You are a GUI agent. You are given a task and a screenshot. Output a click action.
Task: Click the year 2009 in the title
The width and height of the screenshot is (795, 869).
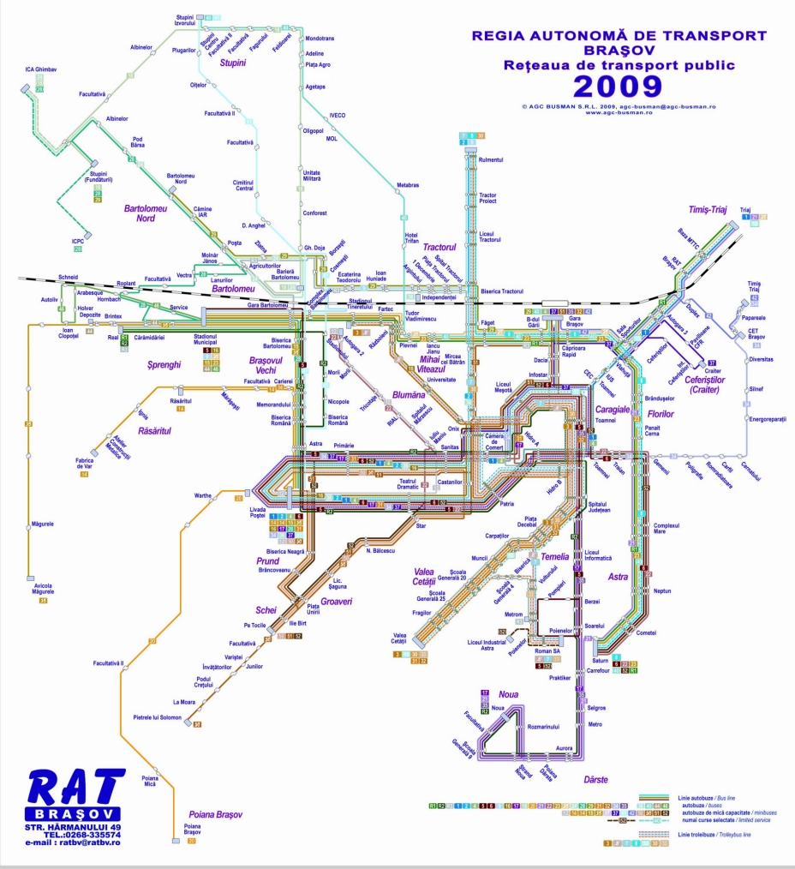[617, 86]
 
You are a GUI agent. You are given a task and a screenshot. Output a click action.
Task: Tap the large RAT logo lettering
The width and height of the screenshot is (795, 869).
[76, 789]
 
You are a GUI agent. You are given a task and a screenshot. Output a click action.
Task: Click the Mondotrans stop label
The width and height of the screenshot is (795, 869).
[320, 39]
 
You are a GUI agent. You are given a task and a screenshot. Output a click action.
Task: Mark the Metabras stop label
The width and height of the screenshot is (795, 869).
[408, 185]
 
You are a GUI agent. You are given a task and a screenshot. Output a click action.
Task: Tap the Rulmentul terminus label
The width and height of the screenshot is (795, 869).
[491, 159]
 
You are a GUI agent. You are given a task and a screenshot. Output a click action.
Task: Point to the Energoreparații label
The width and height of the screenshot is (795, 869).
[767, 419]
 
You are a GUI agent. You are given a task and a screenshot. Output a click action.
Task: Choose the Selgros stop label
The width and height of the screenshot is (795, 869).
[596, 708]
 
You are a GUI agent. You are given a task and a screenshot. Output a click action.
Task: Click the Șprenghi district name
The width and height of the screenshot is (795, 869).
[164, 364]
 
